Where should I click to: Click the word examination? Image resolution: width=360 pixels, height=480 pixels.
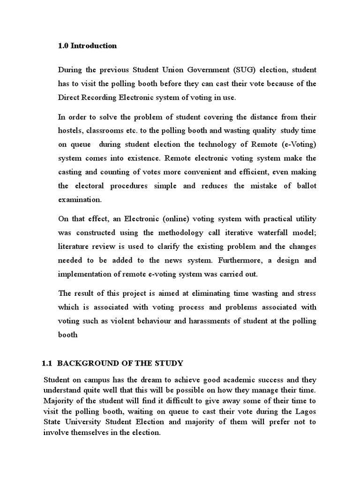[79, 200]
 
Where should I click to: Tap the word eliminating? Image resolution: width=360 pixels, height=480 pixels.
[207, 293]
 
